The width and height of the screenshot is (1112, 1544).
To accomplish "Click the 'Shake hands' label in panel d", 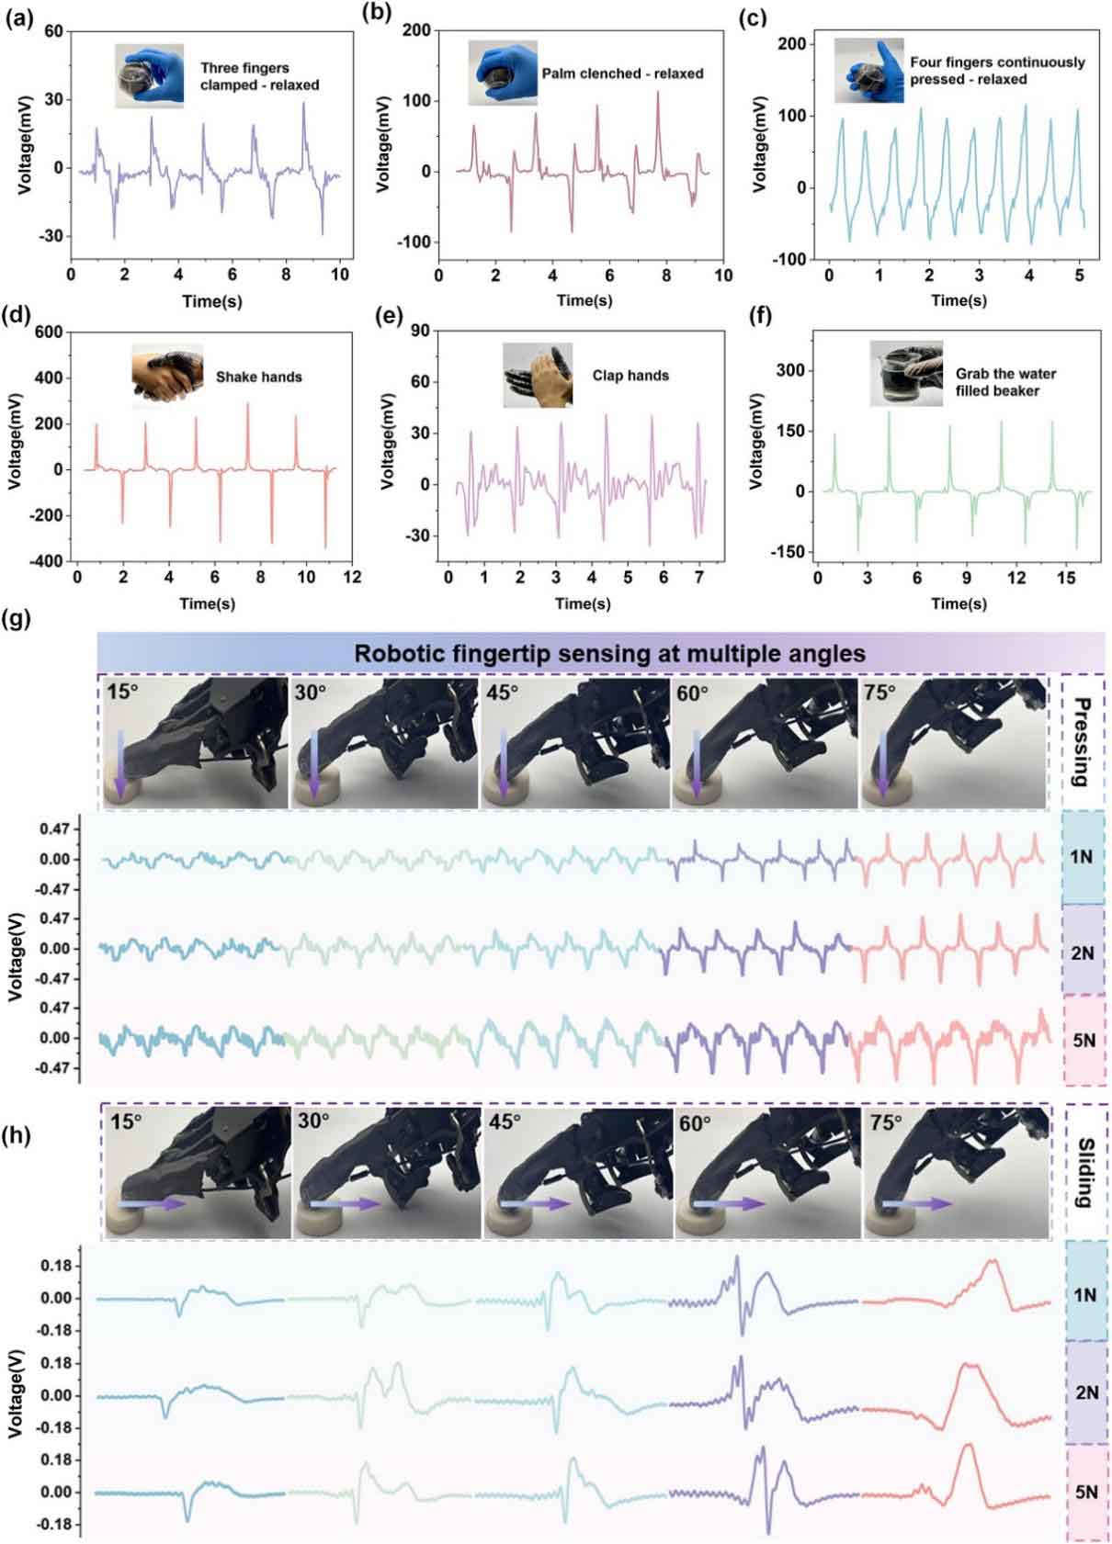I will coord(258,377).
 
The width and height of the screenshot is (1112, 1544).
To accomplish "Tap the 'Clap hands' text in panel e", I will coord(630,376).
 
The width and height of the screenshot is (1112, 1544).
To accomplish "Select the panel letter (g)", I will coord(17,618).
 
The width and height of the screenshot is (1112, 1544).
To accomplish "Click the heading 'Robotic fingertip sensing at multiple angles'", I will coord(609,654).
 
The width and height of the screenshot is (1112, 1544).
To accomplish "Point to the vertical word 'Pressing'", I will coord(1083,743).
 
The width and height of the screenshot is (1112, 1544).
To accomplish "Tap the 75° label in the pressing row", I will coord(879,693).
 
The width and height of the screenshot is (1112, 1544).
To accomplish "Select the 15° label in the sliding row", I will coord(126,1121).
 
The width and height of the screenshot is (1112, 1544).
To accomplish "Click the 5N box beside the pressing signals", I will coord(1084,1041).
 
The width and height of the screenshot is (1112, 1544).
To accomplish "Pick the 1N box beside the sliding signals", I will coord(1084,1295).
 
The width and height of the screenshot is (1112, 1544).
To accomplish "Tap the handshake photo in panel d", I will coord(166,376).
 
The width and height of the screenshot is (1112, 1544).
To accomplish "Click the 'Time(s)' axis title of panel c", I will coord(959,300).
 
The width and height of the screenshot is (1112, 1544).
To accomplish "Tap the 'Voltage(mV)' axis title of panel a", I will coord(26,145).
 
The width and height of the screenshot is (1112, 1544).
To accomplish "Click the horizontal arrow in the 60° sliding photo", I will coord(727,1203).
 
